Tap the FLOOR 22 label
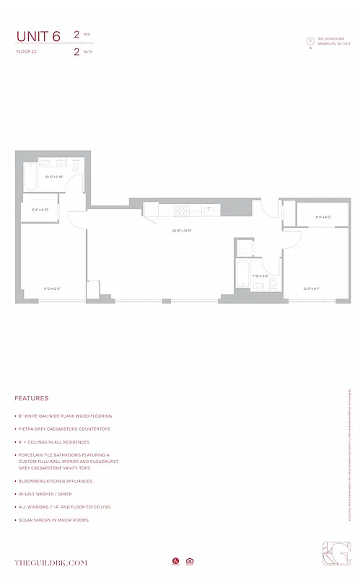point(27,52)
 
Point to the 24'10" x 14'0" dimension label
point(181,231)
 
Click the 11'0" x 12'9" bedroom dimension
point(52,288)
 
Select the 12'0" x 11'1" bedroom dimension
point(312,288)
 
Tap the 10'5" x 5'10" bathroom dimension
point(54,177)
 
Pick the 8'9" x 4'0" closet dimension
point(323,216)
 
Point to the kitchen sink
point(207,210)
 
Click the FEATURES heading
point(31,398)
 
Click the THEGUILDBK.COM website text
point(51,562)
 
